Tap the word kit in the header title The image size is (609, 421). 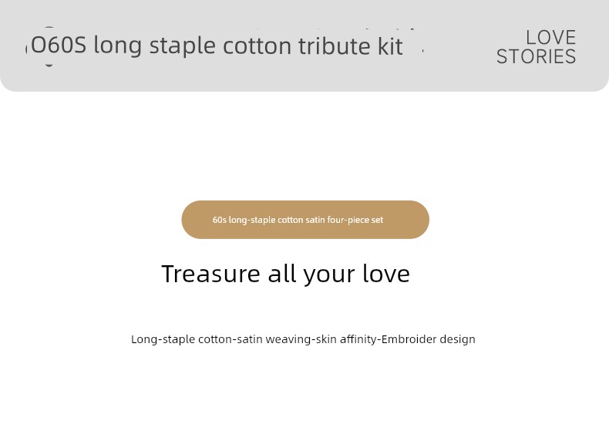(x=390, y=45)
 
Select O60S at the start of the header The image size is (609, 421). (x=59, y=45)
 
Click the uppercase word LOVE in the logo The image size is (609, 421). (x=550, y=38)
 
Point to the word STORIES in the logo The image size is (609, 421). (x=537, y=57)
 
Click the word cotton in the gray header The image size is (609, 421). (x=257, y=46)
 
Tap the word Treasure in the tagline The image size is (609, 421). (x=210, y=274)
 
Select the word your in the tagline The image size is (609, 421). (x=329, y=275)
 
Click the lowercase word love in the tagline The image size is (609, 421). (x=386, y=274)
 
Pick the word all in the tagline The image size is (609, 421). (x=281, y=274)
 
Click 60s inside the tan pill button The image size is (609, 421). (x=220, y=220)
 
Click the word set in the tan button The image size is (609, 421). (x=377, y=220)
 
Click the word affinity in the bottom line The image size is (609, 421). (x=358, y=339)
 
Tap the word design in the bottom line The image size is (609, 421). (x=458, y=339)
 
